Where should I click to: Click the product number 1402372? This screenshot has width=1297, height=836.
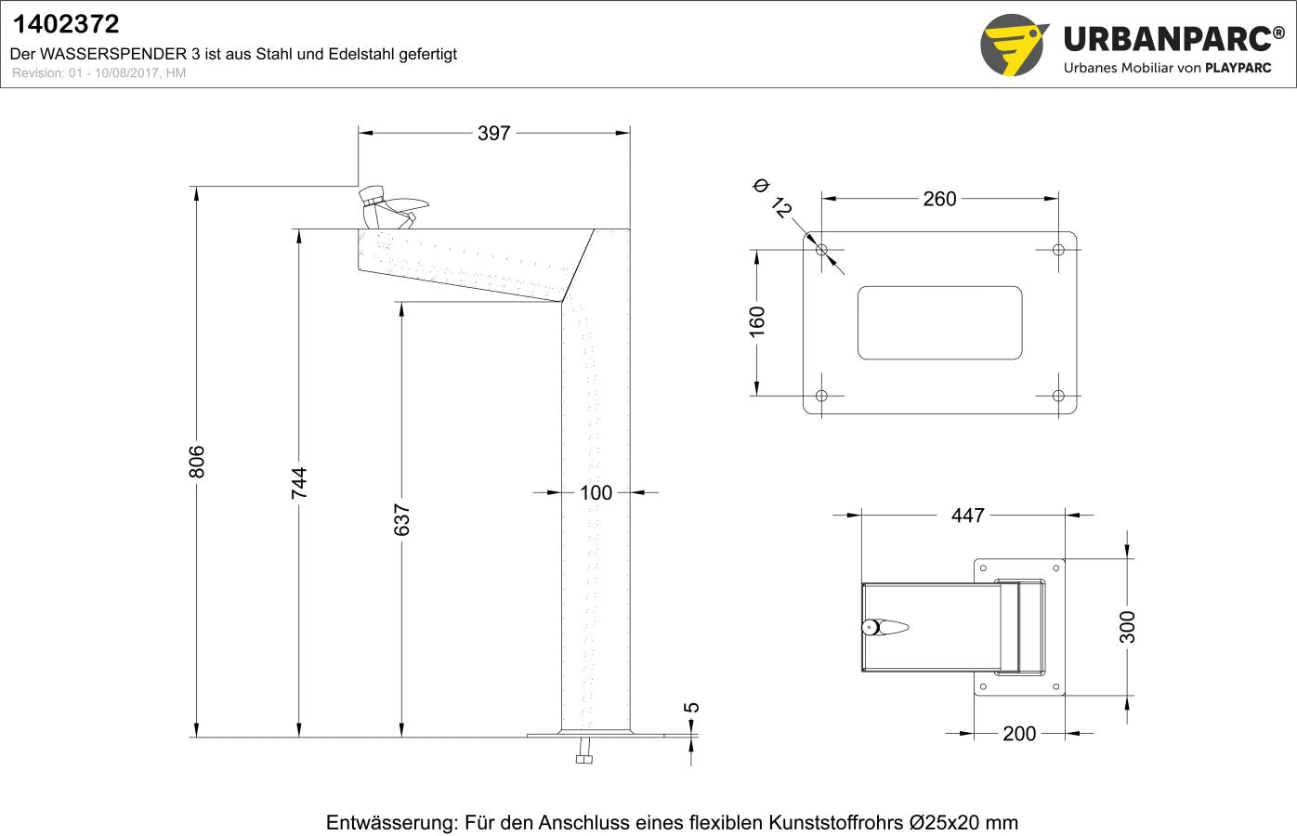point(65,24)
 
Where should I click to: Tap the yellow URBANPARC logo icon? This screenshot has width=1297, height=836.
point(1014,45)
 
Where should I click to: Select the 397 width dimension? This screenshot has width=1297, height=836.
point(493,134)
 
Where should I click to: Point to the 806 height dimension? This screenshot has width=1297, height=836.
point(197,462)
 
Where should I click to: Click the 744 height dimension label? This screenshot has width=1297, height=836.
point(299,483)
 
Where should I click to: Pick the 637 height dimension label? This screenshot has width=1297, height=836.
point(401,520)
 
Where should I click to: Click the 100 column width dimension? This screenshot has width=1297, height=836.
point(596,493)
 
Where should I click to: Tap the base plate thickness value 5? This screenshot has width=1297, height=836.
point(692,708)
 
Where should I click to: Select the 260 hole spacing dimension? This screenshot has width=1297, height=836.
point(939,199)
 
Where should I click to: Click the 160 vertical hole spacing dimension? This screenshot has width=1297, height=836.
point(757,321)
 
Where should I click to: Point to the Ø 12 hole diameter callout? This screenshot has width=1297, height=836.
point(772,198)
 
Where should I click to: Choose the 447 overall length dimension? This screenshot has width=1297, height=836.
point(967,516)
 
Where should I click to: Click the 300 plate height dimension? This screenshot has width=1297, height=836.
point(1127,627)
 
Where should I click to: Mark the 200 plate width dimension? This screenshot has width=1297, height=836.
point(1018,734)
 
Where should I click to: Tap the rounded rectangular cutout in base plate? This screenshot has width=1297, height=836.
point(939,322)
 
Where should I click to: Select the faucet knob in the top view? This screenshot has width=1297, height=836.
point(871,627)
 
